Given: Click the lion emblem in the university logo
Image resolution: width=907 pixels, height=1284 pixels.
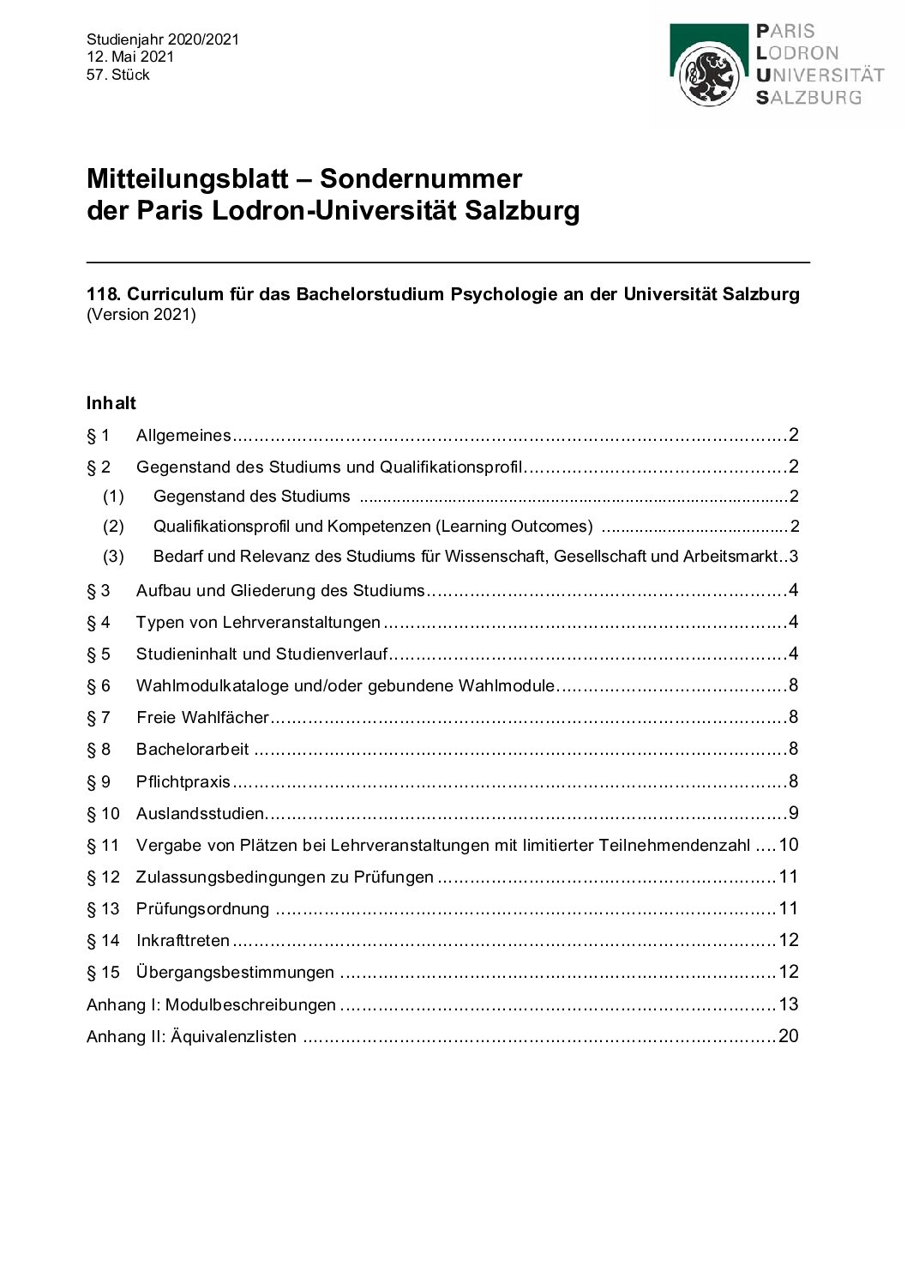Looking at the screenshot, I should pos(708,75).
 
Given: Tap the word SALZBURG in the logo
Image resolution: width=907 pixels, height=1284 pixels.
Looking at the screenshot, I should pos(808,98).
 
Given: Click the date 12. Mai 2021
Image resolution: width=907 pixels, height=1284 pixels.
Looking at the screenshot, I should pos(130,57).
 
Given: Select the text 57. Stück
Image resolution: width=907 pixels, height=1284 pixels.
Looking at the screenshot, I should pos(118,75).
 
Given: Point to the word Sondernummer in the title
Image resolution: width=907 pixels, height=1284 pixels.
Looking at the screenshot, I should pos(421,178).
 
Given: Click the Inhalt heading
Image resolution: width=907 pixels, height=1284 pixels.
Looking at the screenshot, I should pos(111,403).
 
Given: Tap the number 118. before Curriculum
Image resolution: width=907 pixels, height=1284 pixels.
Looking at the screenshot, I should pos(104,294).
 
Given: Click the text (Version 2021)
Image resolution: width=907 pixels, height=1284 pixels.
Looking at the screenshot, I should pos(141,314).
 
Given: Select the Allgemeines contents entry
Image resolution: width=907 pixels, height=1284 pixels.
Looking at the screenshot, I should pos(183,436).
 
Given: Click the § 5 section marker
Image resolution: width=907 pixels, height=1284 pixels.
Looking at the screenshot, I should pos(99,654).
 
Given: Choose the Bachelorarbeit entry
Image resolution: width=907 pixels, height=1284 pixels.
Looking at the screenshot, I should pos(192,750).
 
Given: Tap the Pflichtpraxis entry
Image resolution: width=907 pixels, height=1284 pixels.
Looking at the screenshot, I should pos(183,781).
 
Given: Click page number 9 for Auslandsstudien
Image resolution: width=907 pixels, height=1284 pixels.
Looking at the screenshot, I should pos(793,813).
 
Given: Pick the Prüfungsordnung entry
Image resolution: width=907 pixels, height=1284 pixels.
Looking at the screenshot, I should pos(202,908).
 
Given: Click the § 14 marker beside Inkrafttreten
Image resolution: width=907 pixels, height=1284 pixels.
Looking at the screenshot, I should pos(103,941).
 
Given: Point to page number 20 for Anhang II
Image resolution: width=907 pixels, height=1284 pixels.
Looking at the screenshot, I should pos(788,1036).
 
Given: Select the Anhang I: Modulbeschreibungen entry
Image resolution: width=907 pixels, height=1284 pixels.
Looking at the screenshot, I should pos(211,1004).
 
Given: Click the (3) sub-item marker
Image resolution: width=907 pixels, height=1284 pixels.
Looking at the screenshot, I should pos(113,557).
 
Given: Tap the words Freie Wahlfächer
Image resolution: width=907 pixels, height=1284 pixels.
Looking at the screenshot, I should pos(202,718).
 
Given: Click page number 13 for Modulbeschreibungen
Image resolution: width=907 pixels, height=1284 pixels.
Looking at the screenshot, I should pos(788,1004).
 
